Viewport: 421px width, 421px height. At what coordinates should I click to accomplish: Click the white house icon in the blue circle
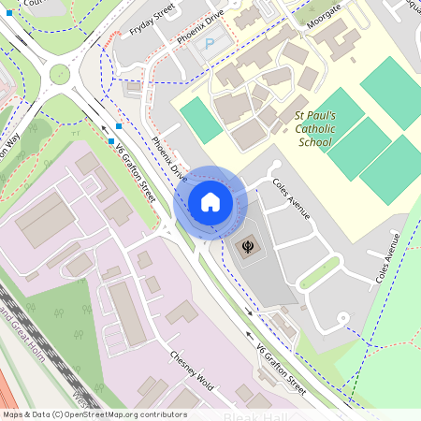pyautogui.click(x=210, y=202)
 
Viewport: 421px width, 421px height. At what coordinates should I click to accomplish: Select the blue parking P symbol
pyautogui.click(x=209, y=44)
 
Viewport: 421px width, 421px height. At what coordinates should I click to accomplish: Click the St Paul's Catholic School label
pyautogui.click(x=313, y=125)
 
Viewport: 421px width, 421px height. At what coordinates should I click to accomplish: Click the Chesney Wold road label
pyautogui.click(x=193, y=370)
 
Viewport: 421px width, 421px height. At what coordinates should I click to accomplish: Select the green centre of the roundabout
pyautogui.click(x=60, y=75)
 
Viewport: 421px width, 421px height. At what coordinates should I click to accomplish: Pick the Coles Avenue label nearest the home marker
pyautogui.click(x=291, y=199)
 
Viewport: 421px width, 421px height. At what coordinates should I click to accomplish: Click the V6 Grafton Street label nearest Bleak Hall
pyautogui.click(x=281, y=368)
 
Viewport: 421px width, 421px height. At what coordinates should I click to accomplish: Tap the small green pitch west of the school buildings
pyautogui.click(x=201, y=120)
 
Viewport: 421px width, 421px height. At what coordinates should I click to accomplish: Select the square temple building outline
pyautogui.click(x=249, y=247)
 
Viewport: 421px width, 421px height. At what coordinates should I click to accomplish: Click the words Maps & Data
pyautogui.click(x=26, y=414)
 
